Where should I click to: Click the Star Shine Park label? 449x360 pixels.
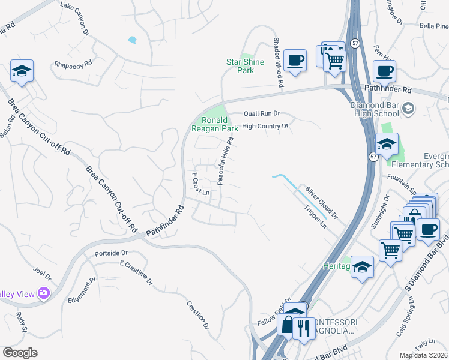pos(240,66)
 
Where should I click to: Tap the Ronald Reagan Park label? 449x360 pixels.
pos(214,124)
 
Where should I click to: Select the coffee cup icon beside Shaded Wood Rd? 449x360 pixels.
pos(295,61)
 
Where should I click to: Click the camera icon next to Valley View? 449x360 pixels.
pos(43,293)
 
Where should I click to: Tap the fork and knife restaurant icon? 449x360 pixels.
pos(303,328)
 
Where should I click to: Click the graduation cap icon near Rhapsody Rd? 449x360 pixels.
pos(22,71)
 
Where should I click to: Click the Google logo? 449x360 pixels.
pos(20,352)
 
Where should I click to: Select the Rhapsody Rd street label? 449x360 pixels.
pos(73,63)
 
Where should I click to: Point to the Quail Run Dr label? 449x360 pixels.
pos(262,113)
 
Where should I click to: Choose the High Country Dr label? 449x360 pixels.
pos(265,127)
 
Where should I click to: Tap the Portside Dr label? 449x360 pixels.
pos(112,253)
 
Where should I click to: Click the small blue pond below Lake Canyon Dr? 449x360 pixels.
pos(132,40)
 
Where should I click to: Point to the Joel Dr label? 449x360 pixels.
pos(43,275)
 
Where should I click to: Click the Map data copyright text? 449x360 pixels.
pos(423,355)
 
